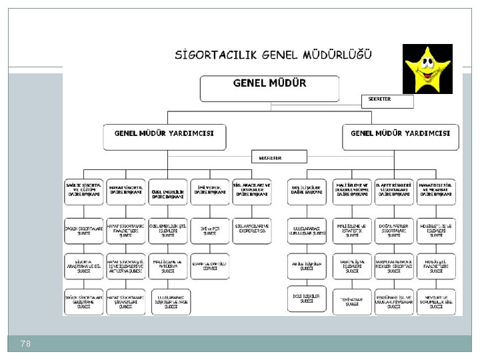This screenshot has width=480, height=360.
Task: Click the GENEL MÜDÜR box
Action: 269,89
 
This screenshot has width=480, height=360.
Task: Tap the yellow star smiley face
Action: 427,69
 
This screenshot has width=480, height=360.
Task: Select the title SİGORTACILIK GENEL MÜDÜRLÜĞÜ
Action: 273,55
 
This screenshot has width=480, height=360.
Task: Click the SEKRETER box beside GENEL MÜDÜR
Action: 386,101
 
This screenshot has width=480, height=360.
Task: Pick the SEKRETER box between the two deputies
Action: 279,157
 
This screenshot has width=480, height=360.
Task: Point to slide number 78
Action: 26,343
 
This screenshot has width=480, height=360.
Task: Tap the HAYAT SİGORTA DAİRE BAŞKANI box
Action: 125,191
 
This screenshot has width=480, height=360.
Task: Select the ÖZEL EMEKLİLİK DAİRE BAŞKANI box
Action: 167,191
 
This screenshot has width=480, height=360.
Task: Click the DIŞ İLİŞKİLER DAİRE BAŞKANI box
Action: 307,191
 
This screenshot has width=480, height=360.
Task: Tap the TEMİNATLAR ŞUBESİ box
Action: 351,302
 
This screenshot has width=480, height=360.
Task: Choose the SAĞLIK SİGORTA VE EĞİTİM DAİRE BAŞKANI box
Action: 83,191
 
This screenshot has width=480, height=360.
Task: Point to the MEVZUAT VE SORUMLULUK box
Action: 437,302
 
